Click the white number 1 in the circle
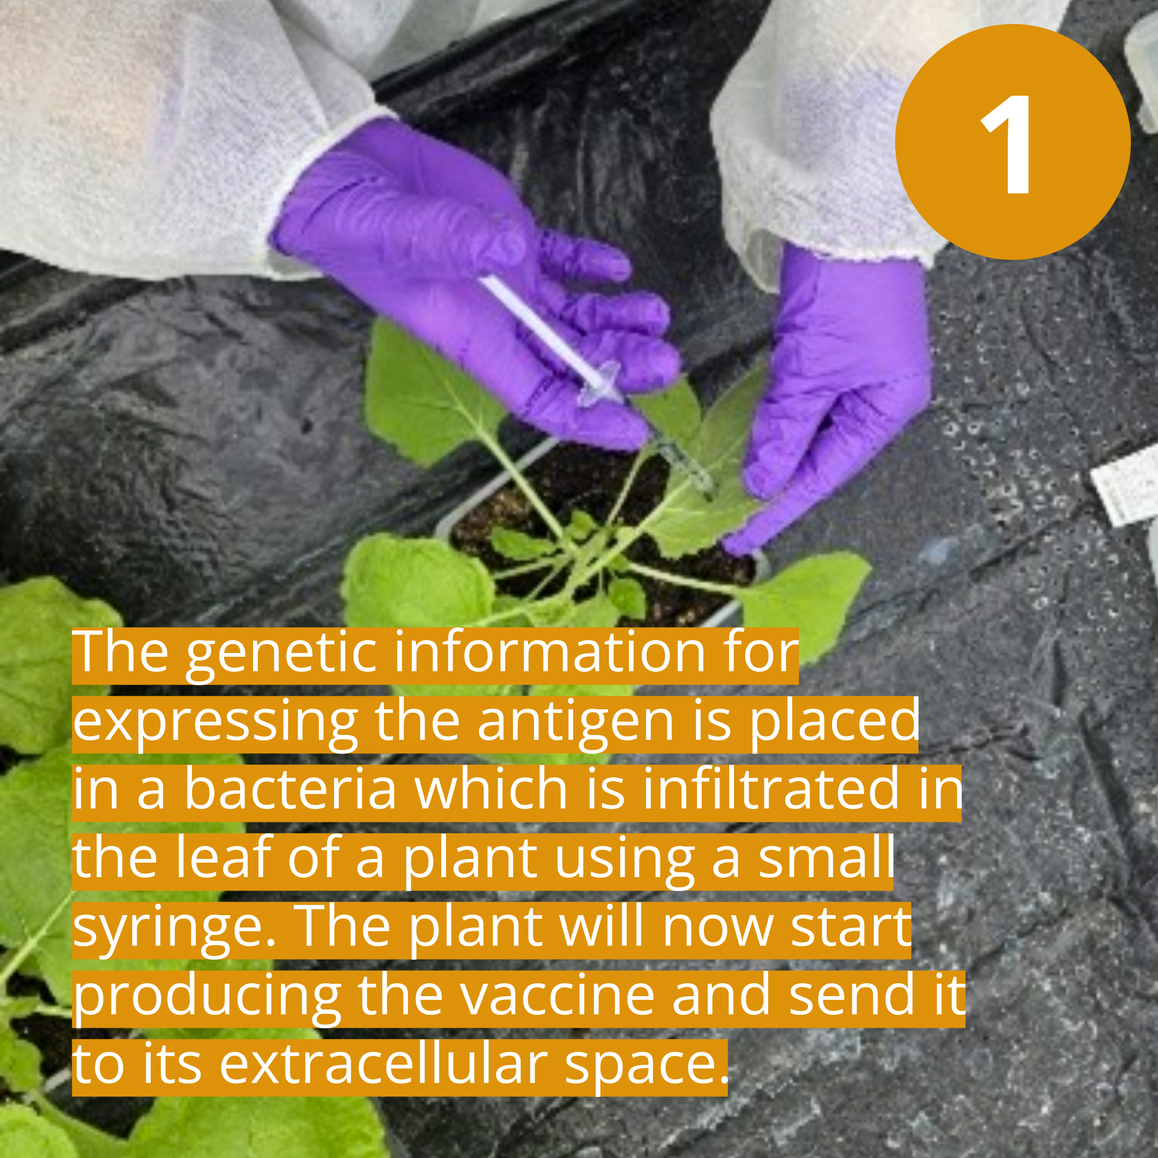(x=1012, y=144)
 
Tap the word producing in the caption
(x=207, y=996)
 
